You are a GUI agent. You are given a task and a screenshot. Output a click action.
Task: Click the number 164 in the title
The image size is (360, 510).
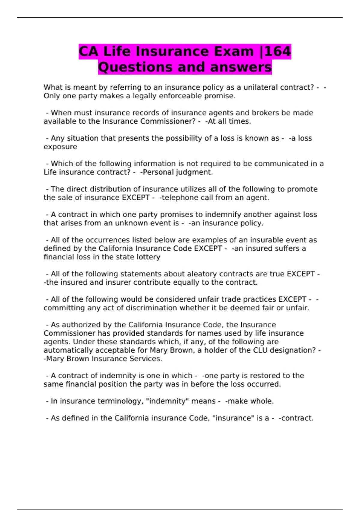click(278, 51)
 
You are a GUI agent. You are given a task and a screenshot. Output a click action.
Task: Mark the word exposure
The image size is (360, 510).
click(60, 147)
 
